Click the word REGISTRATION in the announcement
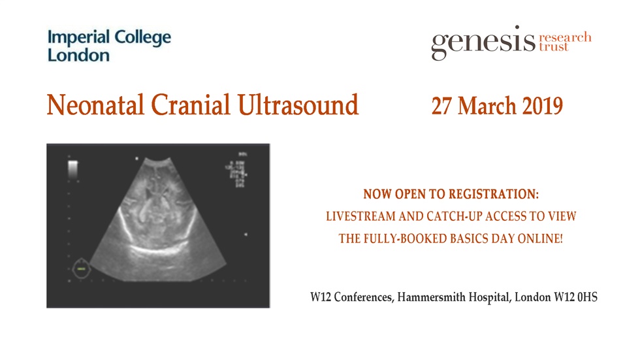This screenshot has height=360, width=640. tap(496, 195)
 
